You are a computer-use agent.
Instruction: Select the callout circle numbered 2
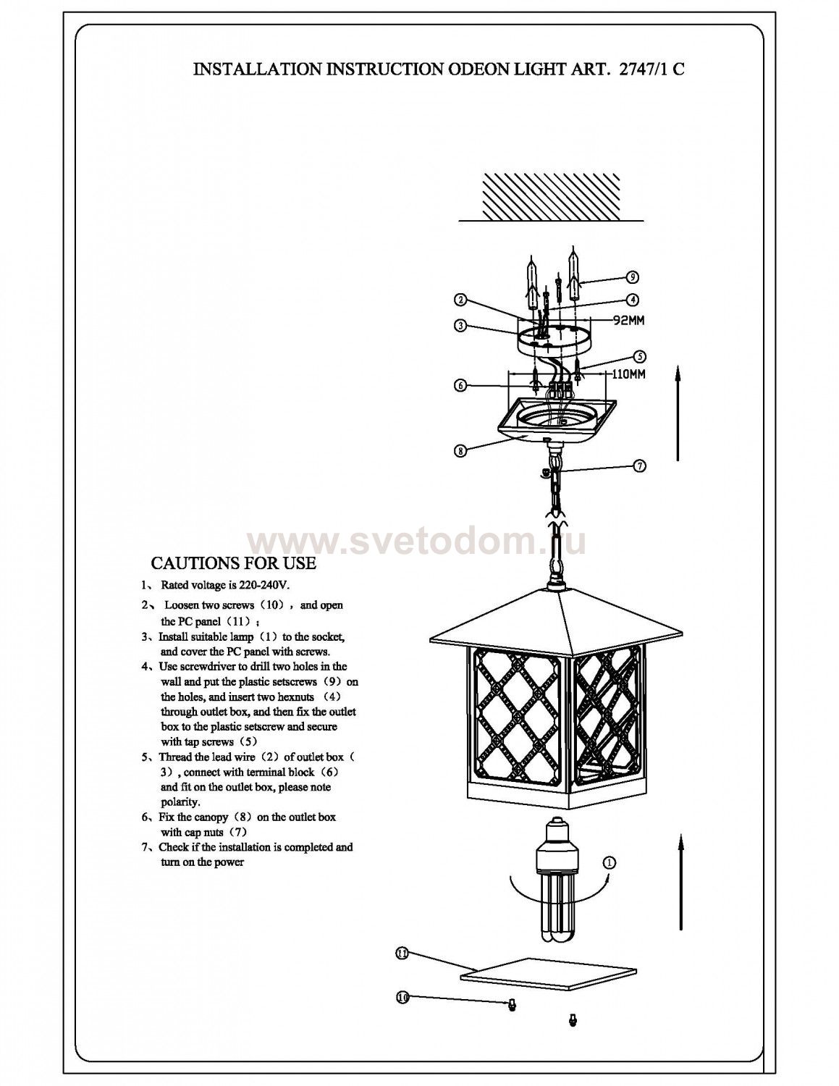[460, 299]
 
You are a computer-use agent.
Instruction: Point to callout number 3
[460, 326]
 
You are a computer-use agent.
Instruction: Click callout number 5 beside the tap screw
[639, 356]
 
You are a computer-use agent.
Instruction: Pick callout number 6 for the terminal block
[460, 385]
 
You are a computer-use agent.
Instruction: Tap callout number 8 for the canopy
[460, 450]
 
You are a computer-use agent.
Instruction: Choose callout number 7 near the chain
[639, 466]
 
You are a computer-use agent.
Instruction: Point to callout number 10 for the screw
[402, 998]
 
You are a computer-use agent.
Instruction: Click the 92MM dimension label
[628, 321]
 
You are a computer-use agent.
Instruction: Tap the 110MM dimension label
[628, 374]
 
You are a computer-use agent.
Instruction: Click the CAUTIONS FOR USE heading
[233, 563]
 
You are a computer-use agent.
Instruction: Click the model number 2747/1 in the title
[641, 70]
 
